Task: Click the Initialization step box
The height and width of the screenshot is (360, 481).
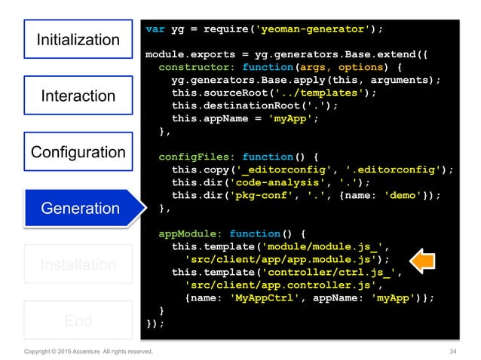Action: point(78,40)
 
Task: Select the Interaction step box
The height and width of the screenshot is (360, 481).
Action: point(78,96)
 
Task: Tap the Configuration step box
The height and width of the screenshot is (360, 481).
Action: point(78,152)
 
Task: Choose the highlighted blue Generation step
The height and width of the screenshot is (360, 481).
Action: point(79,209)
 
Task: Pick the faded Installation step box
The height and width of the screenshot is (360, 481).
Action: point(78,265)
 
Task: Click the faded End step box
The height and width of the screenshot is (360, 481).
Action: point(78,321)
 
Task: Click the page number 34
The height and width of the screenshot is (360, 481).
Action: point(453,351)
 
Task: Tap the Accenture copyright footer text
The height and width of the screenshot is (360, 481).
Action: point(88,351)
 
